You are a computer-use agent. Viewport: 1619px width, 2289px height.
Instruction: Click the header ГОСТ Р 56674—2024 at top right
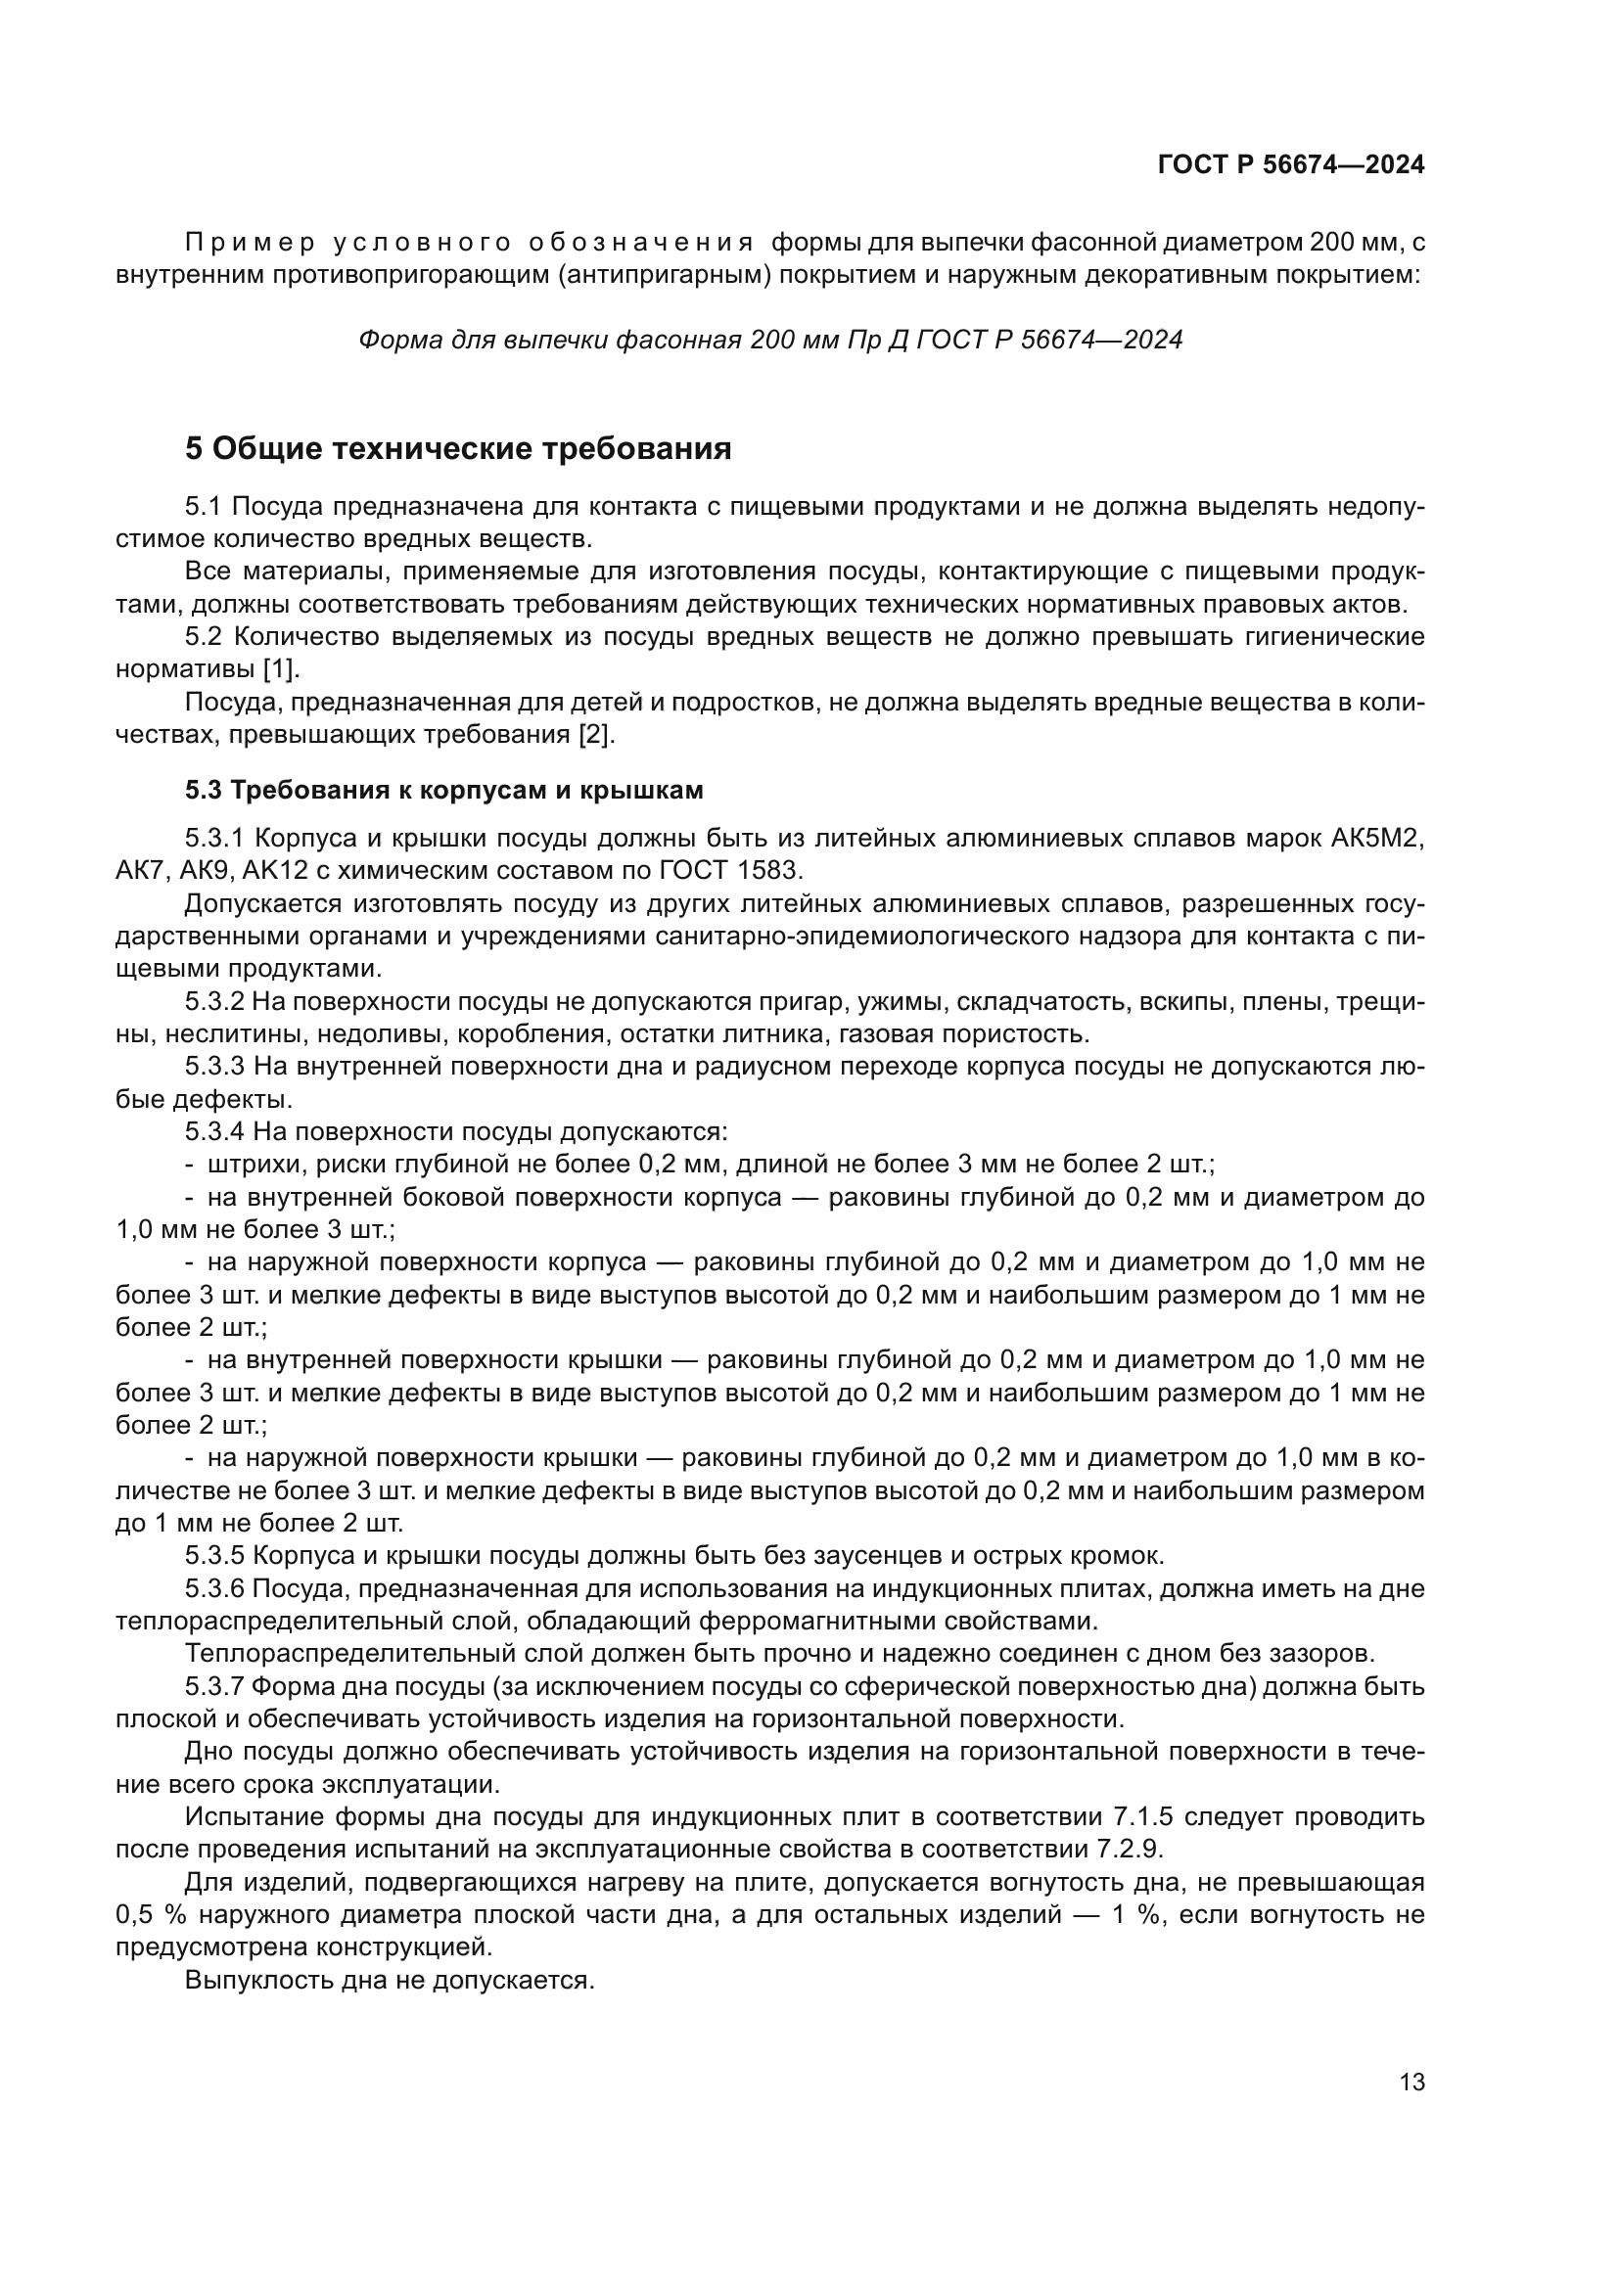[1291, 165]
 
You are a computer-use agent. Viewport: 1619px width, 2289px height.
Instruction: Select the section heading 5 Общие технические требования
[458, 449]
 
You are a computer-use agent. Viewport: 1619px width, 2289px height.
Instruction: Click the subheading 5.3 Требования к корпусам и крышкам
[444, 791]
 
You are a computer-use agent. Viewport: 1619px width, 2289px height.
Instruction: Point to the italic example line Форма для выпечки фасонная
[769, 340]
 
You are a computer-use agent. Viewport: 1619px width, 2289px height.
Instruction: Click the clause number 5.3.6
[214, 1588]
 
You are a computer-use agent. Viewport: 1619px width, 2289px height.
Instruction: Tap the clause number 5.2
[205, 637]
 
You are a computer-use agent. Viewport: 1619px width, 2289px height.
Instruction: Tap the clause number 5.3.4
[214, 1131]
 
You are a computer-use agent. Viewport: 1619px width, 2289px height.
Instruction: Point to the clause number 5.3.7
[214, 1687]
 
